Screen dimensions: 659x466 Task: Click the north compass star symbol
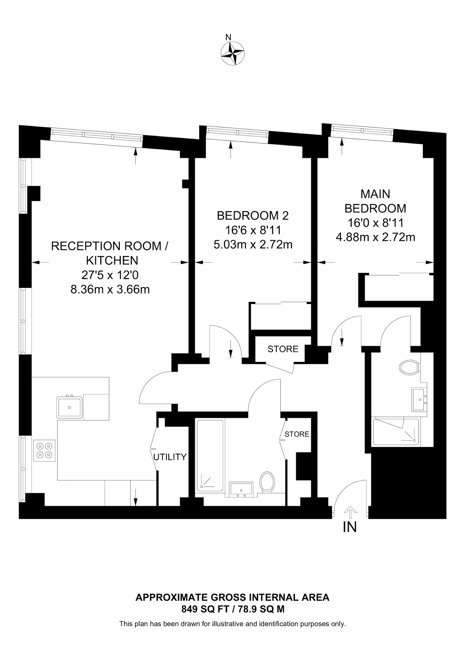[x=233, y=53]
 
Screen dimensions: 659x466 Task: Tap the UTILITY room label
[x=170, y=457]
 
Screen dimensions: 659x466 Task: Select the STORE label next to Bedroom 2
[x=283, y=349]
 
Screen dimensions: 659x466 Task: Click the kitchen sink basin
[x=69, y=407]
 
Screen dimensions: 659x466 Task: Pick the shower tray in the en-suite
[x=396, y=432]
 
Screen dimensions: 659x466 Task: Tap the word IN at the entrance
[x=350, y=527]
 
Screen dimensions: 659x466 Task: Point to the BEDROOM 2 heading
[x=253, y=216]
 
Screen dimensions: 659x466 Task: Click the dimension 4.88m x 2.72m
[x=375, y=237]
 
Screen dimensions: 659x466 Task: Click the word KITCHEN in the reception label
[x=112, y=260]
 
